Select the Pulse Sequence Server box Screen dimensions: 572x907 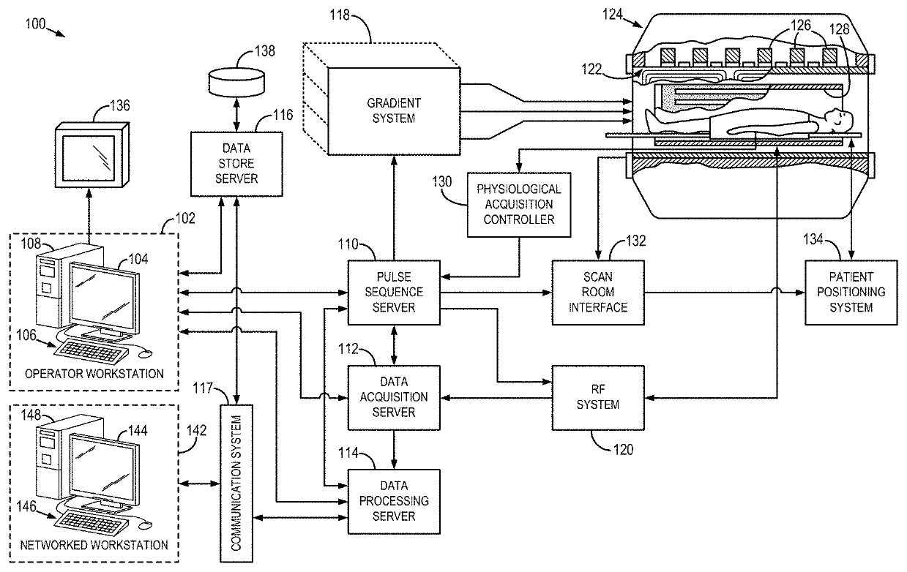[x=394, y=292]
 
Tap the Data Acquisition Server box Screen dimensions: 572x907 [x=394, y=396]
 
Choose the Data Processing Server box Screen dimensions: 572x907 [x=394, y=501]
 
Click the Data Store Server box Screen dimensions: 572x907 [x=236, y=164]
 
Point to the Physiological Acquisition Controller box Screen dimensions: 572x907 [x=519, y=205]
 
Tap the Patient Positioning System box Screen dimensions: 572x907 [x=851, y=292]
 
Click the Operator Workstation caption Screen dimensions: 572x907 [x=94, y=374]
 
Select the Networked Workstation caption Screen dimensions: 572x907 [x=94, y=545]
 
